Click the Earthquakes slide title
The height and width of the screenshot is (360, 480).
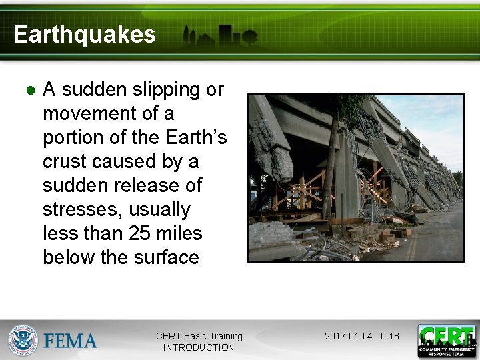tap(84, 35)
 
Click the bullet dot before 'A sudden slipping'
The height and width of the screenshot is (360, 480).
tap(30, 90)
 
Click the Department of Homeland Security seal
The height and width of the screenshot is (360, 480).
tap(23, 341)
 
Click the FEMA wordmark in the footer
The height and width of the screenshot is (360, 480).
tap(70, 341)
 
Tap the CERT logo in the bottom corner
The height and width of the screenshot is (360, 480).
tap(446, 341)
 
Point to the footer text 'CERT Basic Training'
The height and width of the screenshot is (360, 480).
tap(199, 336)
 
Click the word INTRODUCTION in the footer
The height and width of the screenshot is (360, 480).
tap(199, 347)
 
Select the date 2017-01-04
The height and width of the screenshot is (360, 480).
tap(348, 336)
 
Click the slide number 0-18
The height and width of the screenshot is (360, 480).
tap(389, 336)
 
